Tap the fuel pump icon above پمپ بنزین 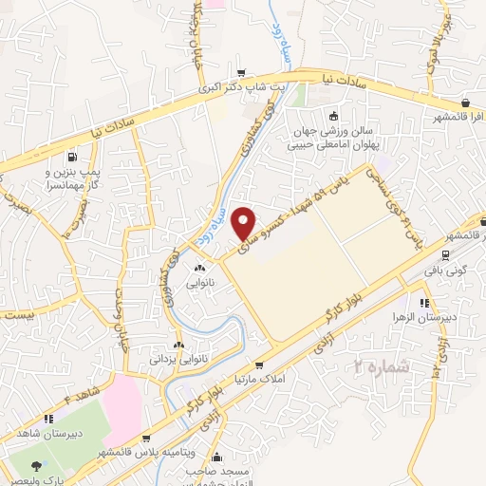71,157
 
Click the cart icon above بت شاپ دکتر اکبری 242,73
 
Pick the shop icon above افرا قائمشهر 465,103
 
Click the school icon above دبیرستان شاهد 46,418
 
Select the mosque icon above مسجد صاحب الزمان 218,457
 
